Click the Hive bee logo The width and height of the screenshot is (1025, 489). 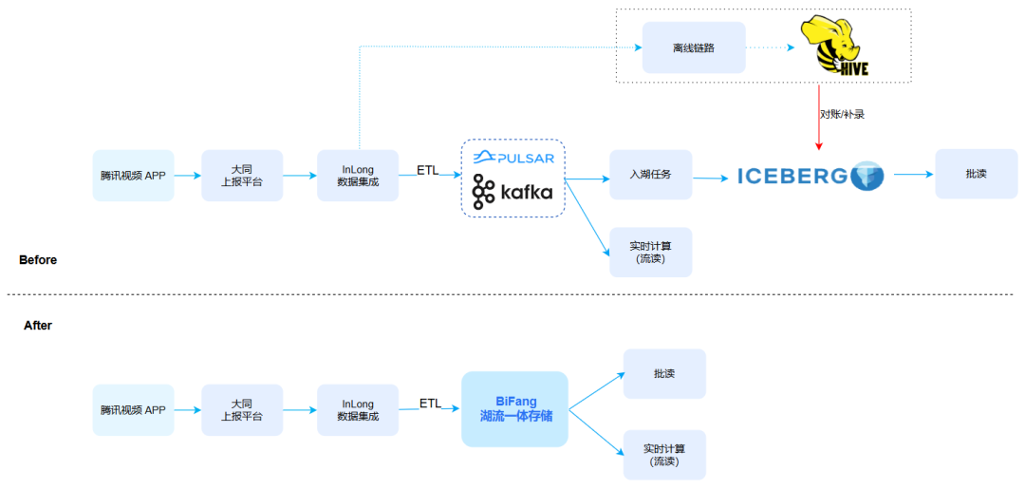834,47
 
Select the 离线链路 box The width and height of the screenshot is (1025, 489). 693,47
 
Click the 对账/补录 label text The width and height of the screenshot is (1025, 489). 842,114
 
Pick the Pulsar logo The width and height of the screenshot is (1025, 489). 513,157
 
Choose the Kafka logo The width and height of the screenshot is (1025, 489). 512,192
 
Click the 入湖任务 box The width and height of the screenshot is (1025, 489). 651,175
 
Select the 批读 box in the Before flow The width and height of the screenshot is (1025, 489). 976,174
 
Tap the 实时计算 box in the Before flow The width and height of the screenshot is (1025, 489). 651,252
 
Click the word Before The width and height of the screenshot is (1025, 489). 38,260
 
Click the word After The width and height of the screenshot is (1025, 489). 38,326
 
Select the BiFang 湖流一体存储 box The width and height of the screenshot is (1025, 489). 514,409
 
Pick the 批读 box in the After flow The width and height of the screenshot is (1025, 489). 664,373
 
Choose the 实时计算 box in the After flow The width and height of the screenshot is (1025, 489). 664,455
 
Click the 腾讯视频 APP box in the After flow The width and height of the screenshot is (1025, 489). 133,410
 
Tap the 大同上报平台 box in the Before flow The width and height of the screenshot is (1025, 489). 242,176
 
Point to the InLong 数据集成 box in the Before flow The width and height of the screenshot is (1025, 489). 358,176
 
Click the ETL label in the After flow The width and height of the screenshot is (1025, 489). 431,404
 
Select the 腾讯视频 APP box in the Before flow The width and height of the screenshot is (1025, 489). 133,176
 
